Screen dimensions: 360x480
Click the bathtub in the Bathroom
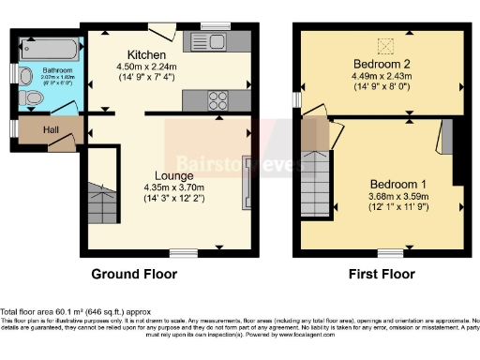49,47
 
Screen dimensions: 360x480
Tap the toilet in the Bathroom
33,97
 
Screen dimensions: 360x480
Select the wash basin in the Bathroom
26,74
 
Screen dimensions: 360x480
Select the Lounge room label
175,174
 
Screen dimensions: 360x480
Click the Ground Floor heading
133,274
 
